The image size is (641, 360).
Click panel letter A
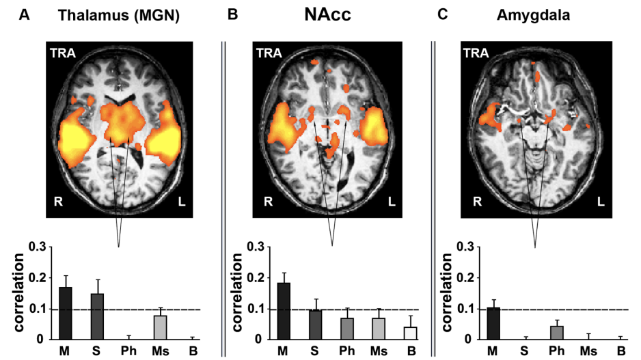click(26, 14)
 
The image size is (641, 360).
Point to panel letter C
click(442, 14)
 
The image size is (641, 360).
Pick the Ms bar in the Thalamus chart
click(161, 327)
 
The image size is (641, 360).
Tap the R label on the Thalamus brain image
click(59, 201)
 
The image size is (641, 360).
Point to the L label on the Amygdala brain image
click(600, 202)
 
